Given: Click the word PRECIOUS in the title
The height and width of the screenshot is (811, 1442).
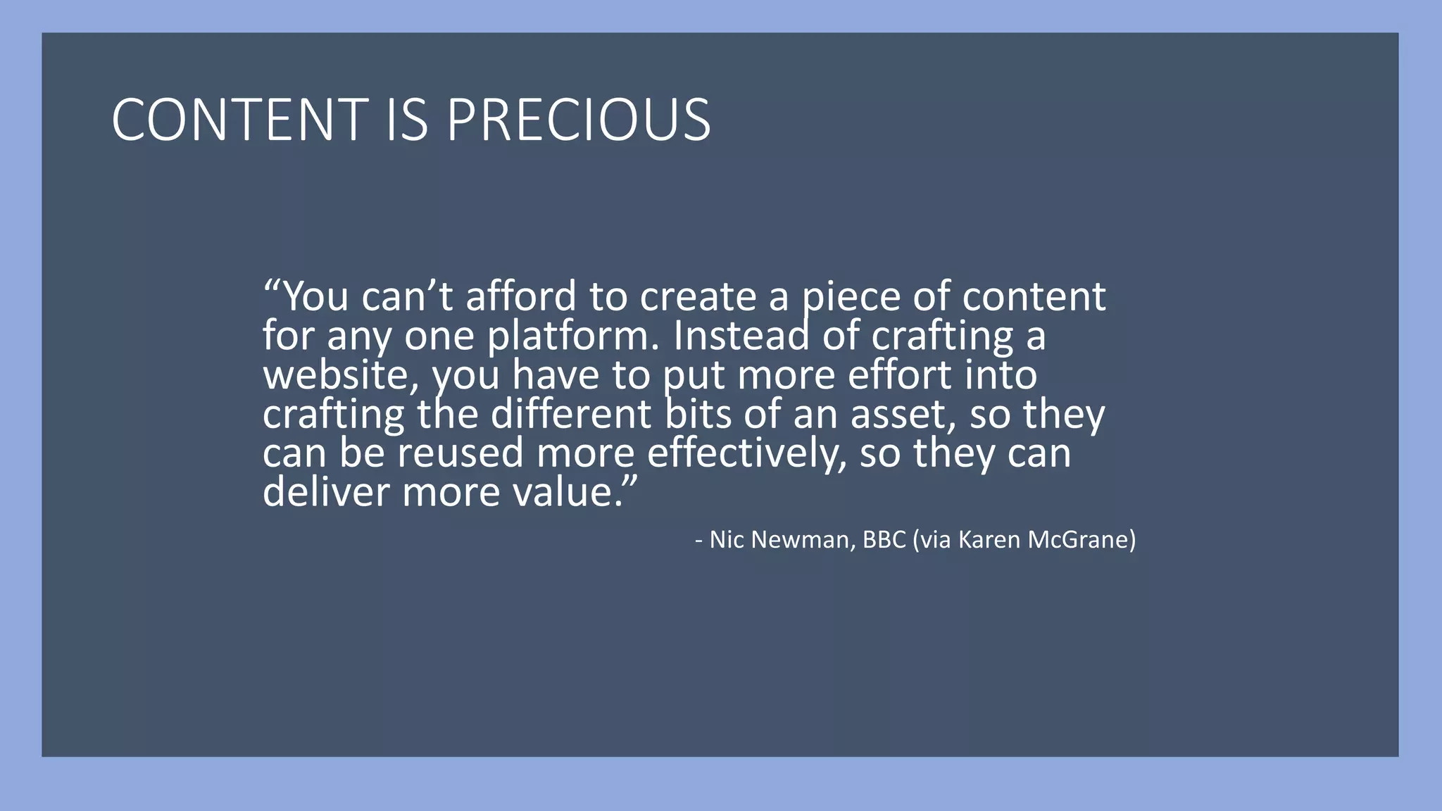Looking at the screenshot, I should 578,120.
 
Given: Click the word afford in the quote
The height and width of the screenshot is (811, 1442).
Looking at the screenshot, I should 521,296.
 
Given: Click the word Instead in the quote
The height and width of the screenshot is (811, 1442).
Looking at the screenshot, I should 741,335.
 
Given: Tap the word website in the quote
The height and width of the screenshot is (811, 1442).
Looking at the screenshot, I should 336,375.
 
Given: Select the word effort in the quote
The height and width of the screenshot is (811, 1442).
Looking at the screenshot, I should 899,375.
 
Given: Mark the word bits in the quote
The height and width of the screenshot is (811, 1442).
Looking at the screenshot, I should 698,413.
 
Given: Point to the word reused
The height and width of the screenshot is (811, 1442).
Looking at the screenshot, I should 460,453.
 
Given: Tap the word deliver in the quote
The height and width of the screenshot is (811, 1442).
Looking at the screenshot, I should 325,491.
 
